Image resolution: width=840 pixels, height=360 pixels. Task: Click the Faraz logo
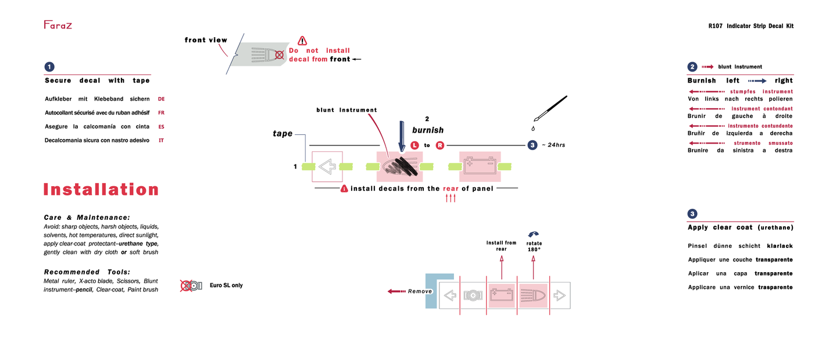pos(58,25)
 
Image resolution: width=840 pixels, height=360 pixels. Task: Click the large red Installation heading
pos(101,190)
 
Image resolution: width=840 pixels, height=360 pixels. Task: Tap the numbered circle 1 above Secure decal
pos(50,67)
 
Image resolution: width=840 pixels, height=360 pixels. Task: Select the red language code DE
pos(162,99)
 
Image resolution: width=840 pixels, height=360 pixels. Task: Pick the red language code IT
pos(161,140)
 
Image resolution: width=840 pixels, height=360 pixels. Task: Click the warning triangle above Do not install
pos(302,41)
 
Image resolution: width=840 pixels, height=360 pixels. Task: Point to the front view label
pos(206,40)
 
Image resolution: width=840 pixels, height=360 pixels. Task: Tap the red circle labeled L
pos(414,145)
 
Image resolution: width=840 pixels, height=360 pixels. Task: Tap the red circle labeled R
pos(439,145)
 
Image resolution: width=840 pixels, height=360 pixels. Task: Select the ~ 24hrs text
pos(553,145)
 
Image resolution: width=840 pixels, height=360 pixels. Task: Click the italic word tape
pos(283,134)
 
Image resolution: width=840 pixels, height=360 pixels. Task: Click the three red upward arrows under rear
pos(451,198)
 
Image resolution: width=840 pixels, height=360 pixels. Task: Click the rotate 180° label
pos(534,246)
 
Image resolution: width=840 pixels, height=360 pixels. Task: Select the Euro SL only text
pos(226,286)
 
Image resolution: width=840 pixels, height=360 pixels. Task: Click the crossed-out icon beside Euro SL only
pos(191,286)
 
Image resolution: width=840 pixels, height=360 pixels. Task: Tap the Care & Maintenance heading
pos(87,217)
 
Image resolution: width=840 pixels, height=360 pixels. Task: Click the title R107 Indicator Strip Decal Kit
pos(750,26)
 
